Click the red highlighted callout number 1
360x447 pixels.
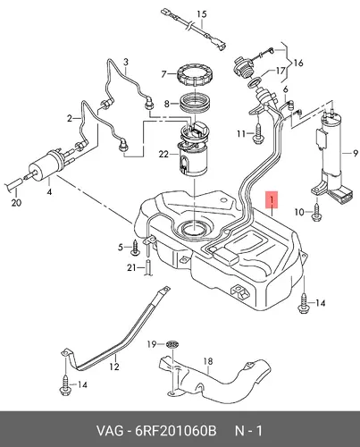click(x=272, y=199)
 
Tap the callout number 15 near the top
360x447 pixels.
click(x=202, y=14)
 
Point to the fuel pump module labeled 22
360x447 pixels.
click(x=193, y=149)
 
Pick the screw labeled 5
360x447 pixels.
click(x=135, y=248)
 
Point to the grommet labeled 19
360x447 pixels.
click(x=172, y=344)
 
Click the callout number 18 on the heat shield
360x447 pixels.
click(x=208, y=361)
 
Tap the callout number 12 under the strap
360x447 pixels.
click(x=114, y=367)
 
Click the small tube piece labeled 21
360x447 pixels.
click(x=148, y=267)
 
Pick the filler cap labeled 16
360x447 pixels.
click(x=243, y=67)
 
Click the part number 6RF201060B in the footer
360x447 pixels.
click(x=176, y=431)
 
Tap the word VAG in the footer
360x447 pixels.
click(x=109, y=431)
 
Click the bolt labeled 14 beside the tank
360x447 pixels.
click(x=303, y=303)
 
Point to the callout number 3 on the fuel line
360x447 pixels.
click(x=126, y=63)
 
